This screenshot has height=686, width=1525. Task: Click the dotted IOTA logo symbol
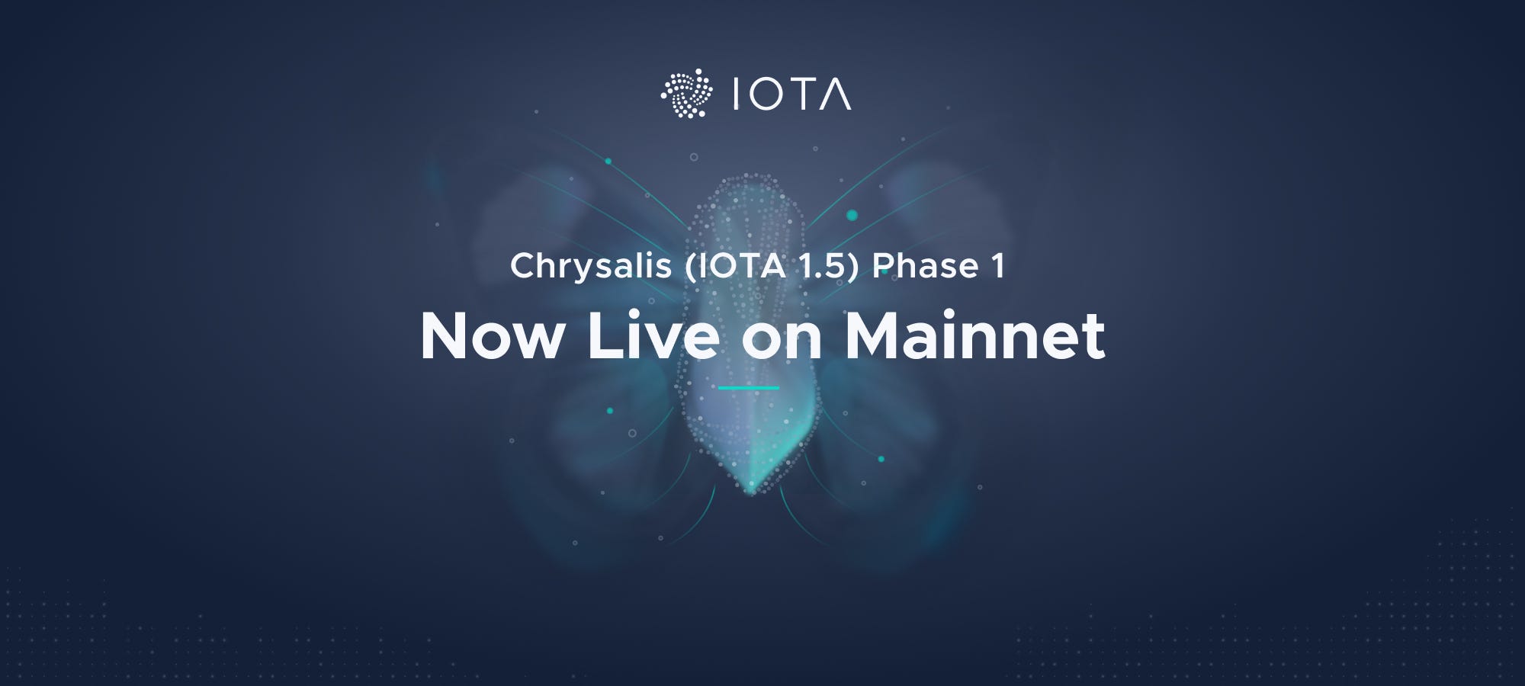(x=687, y=94)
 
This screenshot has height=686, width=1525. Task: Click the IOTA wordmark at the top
(x=791, y=94)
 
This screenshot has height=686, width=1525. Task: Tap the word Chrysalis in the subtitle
(x=590, y=267)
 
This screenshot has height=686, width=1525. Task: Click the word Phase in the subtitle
(x=925, y=267)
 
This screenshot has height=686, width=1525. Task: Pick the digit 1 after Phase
(x=998, y=267)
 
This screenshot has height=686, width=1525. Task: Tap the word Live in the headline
(x=653, y=336)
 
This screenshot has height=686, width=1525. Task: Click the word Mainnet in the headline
(x=975, y=336)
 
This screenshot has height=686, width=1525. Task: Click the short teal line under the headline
(x=748, y=388)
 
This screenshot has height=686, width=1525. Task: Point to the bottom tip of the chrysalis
(x=750, y=492)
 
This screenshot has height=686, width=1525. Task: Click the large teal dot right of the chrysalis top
(x=852, y=216)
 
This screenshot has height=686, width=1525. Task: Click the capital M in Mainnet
(x=876, y=336)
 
